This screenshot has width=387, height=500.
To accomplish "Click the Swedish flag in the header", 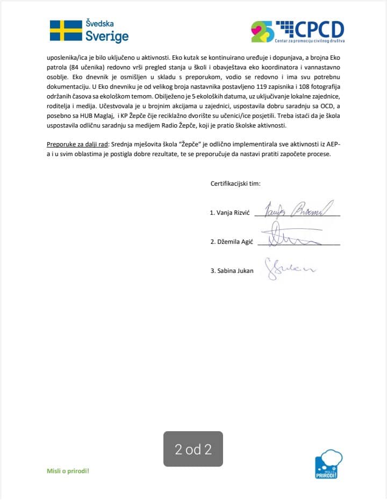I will pos(66,31).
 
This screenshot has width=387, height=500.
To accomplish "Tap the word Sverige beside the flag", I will pos(107,37).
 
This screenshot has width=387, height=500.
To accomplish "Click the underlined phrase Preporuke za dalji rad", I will pos(76,145).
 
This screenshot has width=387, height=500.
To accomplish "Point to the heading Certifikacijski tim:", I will pos(235,184).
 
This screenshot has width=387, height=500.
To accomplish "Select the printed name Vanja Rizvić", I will pos(231,213).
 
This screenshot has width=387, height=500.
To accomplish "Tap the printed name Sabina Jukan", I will pos(232,271).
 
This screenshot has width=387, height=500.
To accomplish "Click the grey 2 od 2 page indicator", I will pos(193,449).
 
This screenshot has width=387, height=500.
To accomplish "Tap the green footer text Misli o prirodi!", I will pos(68,471).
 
